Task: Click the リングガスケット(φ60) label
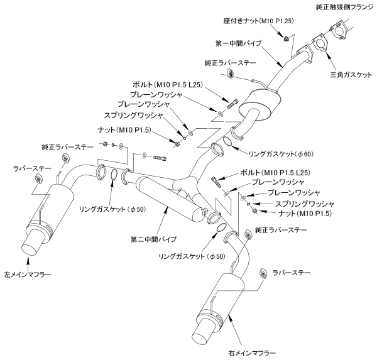click(265, 152)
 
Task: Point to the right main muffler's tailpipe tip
click(204, 329)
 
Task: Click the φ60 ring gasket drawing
click(217, 149)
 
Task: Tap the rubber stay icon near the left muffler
click(38, 181)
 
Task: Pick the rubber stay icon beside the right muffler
click(263, 272)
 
